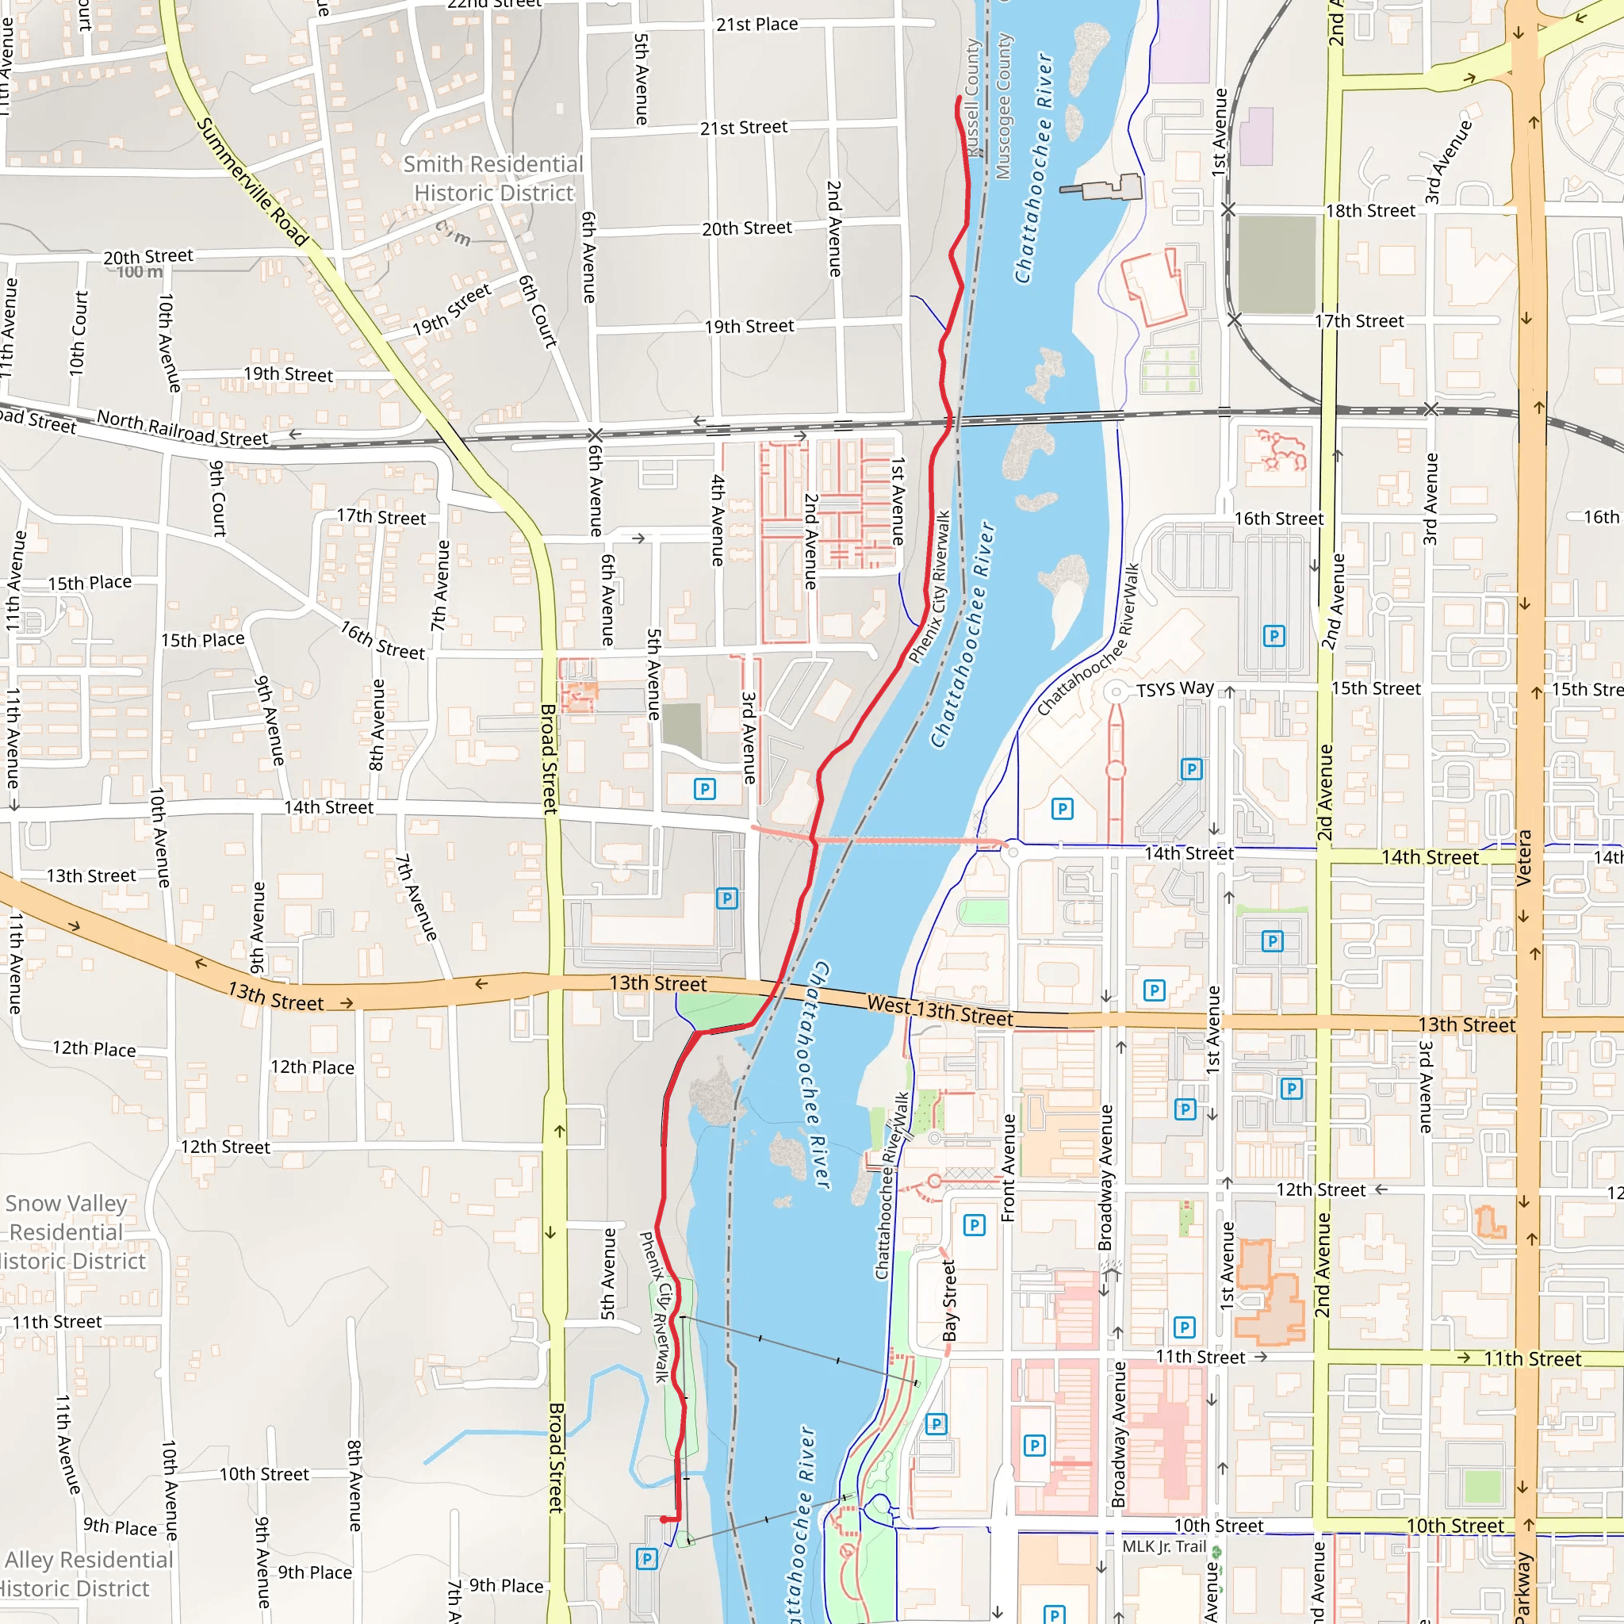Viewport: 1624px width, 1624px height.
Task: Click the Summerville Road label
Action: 253,182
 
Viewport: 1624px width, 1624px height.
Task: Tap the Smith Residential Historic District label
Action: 493,178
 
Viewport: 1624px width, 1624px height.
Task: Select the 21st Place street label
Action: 756,25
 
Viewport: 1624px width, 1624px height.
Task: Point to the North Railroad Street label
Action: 182,428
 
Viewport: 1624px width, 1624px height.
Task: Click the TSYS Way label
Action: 1175,688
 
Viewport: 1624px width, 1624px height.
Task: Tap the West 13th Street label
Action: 940,1010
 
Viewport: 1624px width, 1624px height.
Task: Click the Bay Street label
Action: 950,1300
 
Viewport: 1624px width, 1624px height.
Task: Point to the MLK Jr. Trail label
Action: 1164,1546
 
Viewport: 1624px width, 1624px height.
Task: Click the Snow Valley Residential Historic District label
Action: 71,1232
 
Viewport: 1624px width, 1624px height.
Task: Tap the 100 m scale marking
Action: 140,272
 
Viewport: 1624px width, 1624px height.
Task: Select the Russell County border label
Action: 974,97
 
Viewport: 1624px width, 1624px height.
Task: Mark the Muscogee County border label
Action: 1004,106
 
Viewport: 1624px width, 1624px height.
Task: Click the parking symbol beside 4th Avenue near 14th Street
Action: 704,788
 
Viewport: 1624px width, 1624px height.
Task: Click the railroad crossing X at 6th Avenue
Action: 596,435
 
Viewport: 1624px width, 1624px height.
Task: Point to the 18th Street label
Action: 1370,210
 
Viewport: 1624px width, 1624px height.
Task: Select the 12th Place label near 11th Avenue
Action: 94,1048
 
